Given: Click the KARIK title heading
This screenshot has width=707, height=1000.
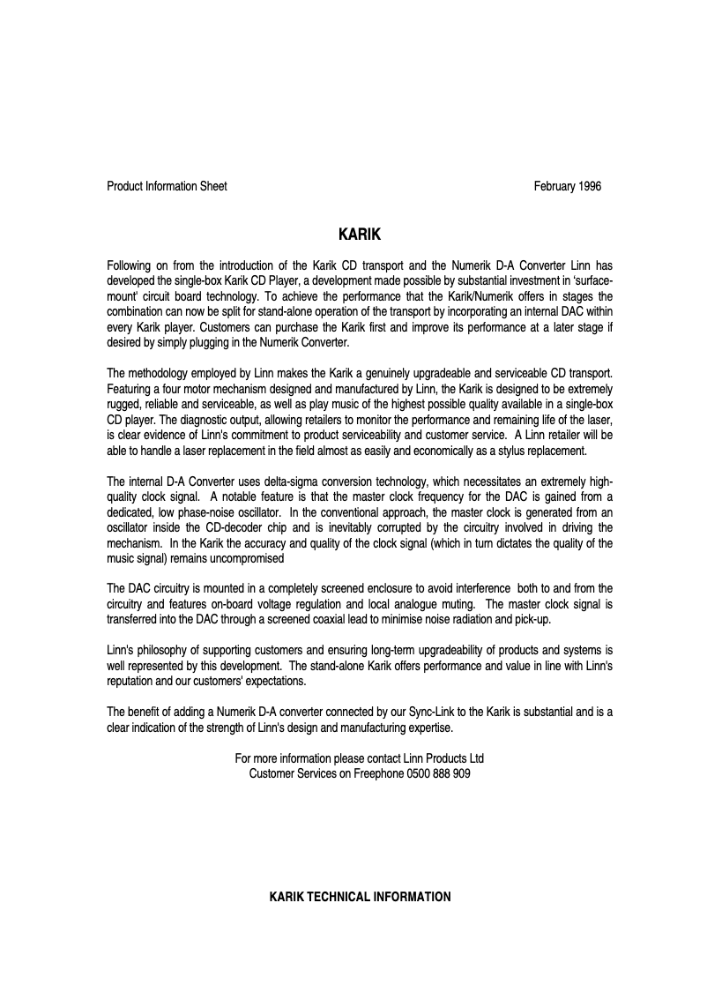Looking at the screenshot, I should (x=359, y=236).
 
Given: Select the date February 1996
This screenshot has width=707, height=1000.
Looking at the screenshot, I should (x=568, y=186).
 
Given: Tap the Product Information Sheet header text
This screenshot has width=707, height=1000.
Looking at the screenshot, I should (x=167, y=186).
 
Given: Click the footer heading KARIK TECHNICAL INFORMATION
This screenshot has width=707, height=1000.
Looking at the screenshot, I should (x=360, y=897).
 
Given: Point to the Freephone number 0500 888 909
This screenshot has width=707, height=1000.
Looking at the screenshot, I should (x=438, y=773).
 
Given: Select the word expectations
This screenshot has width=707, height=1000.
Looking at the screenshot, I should (x=274, y=682).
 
